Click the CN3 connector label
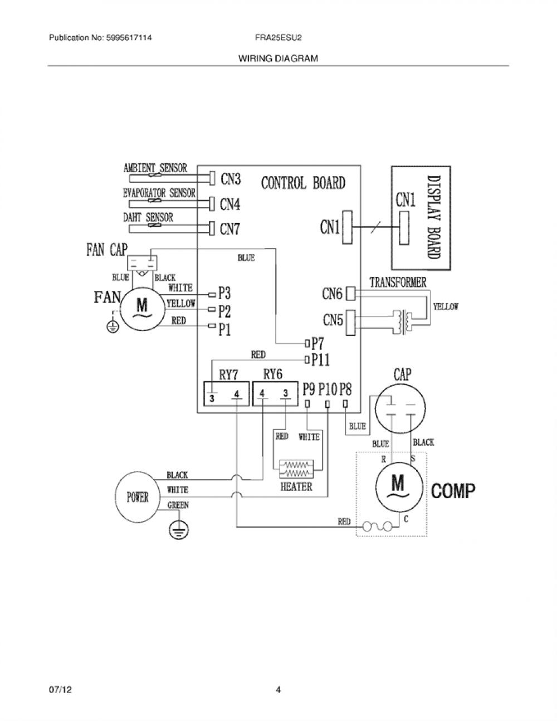[231, 179]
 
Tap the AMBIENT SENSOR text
[155, 168]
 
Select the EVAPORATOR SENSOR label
[159, 193]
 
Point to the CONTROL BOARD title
[303, 183]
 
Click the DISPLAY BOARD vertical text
[434, 217]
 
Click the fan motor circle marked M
[143, 309]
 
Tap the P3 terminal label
[224, 293]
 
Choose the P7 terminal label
[317, 343]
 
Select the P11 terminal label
[321, 360]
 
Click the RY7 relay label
[228, 375]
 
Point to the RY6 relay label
[272, 374]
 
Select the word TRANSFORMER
[398, 282]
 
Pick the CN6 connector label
[332, 294]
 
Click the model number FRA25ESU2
[278, 38]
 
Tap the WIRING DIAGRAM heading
[278, 59]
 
